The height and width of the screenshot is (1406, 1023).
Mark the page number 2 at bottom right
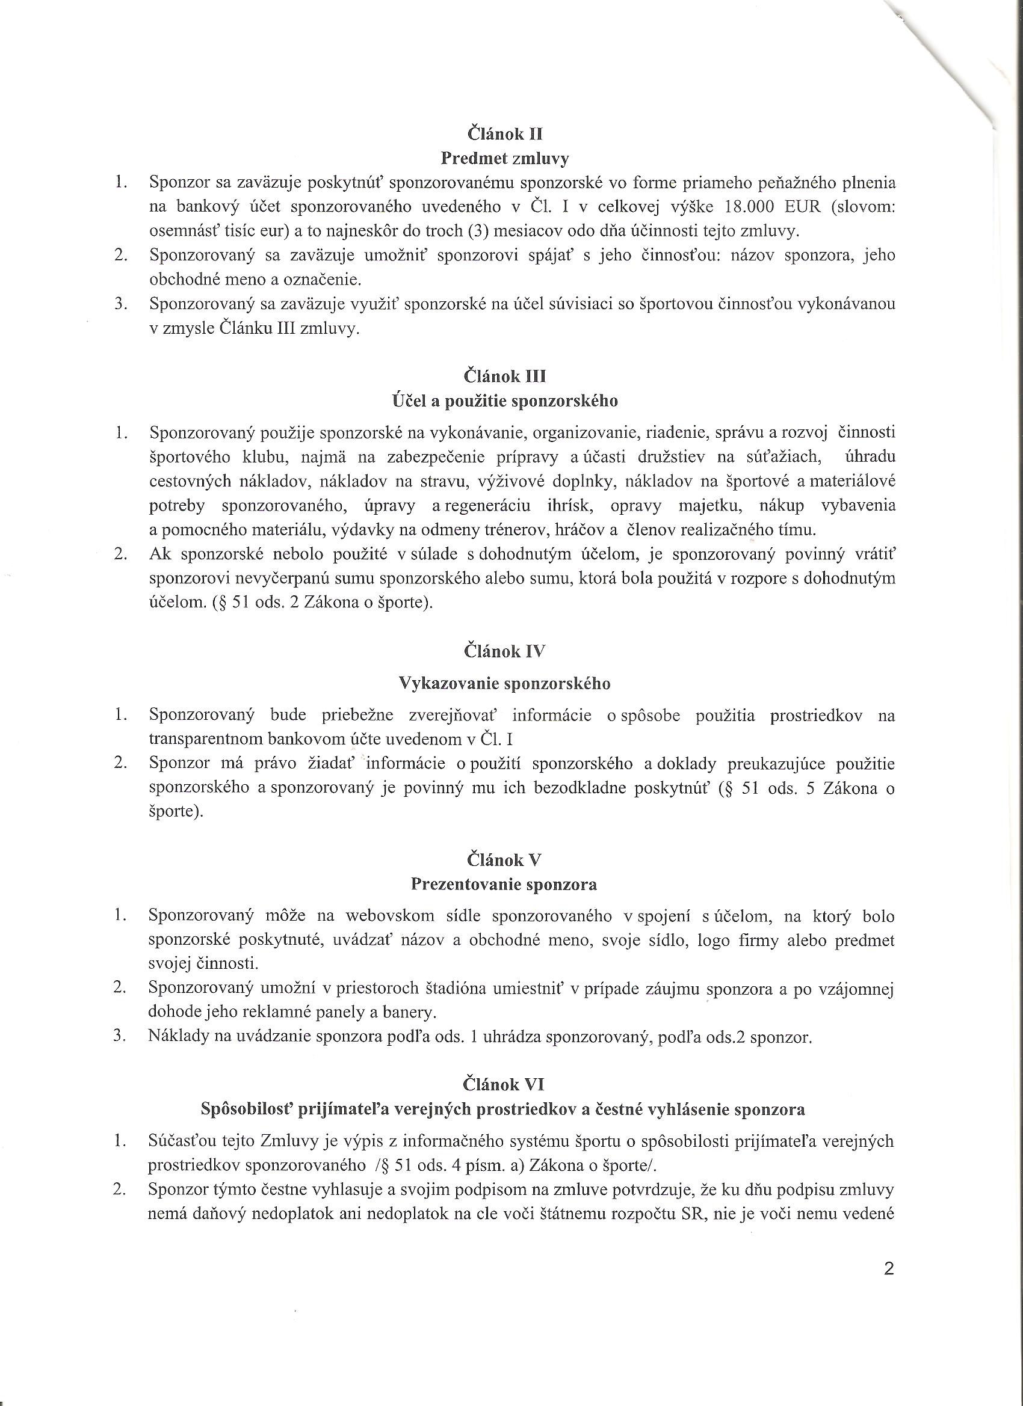pyautogui.click(x=888, y=1251)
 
